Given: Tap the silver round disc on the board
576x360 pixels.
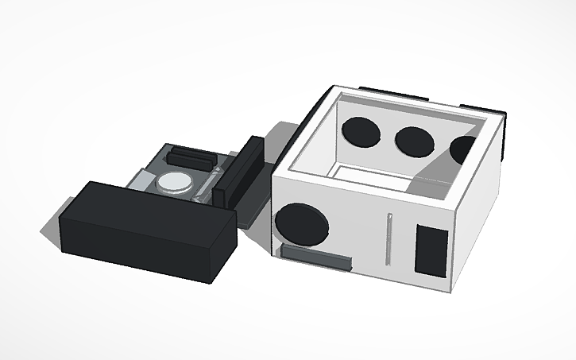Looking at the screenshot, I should click(175, 183).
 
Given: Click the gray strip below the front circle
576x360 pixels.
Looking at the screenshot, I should click(315, 257).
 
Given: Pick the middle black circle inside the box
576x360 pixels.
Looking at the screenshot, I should click(415, 141).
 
